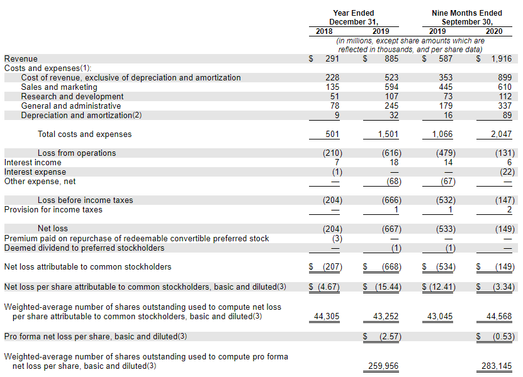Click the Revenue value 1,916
point(501,59)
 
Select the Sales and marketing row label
point(59,87)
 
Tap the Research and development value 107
point(391,97)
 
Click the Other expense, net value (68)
point(390,182)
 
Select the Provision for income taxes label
point(53,210)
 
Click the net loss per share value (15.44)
point(386,287)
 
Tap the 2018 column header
point(325,31)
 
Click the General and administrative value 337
point(505,106)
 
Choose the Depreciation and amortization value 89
point(507,116)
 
